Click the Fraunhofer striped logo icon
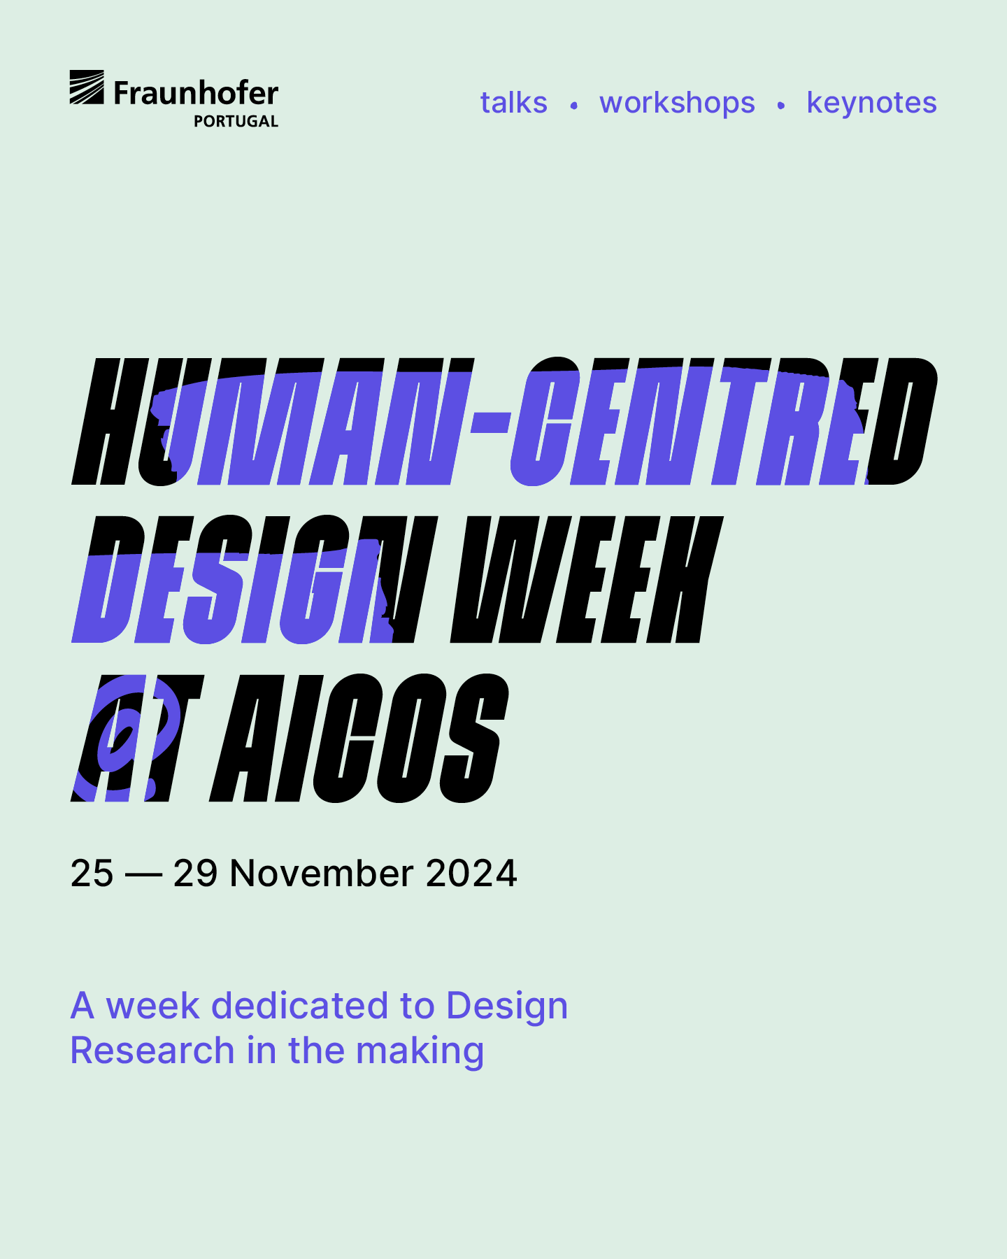point(87,87)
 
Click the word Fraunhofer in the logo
point(196,93)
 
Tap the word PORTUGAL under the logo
point(236,122)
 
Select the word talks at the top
point(513,103)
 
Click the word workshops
point(677,104)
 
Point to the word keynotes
point(871,104)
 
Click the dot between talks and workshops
point(573,106)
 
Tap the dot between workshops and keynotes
point(780,106)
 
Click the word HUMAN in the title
point(273,422)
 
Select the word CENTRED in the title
point(724,422)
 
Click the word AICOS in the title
point(359,738)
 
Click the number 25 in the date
point(92,873)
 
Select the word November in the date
point(322,873)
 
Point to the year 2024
point(471,873)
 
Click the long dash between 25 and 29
point(143,874)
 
